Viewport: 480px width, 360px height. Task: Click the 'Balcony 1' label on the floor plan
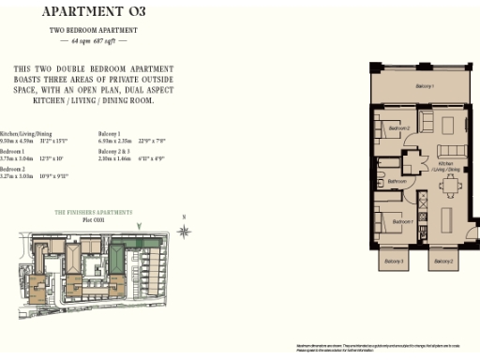[425, 86]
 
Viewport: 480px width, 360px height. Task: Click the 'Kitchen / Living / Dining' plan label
[446, 169]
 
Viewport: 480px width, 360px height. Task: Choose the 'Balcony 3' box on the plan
[395, 260]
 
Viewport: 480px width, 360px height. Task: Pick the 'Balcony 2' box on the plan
[443, 260]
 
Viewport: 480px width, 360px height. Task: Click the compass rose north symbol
[186, 231]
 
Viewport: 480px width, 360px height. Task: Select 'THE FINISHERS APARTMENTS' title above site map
[94, 213]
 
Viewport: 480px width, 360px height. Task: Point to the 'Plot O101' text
[94, 221]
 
